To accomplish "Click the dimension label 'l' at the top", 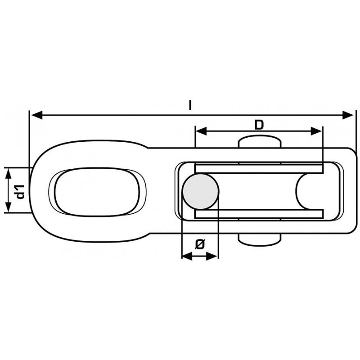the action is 190,105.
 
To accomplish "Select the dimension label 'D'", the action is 259,125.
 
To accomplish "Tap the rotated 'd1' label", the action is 19,192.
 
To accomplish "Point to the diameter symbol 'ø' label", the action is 199,244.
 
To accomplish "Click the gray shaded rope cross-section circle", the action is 200,192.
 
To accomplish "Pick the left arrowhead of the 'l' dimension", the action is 37,115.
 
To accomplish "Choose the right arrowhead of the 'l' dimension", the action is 348,115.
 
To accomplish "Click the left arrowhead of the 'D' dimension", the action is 201,131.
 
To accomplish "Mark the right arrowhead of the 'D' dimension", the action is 316,131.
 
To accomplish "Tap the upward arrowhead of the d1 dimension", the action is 8,173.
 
